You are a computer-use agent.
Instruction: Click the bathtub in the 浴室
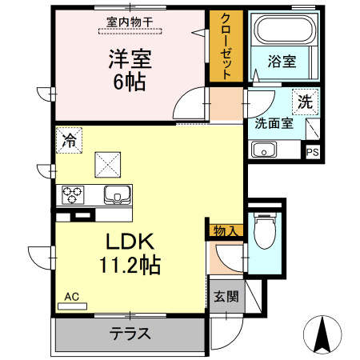[285, 29]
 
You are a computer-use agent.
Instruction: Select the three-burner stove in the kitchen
[73, 194]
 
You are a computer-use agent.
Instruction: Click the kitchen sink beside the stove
[118, 194]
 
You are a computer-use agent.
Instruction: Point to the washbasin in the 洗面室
[264, 150]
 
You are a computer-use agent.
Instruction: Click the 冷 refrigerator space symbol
[69, 140]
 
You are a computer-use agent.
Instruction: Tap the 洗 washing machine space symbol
[305, 102]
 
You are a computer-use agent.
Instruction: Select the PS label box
[313, 152]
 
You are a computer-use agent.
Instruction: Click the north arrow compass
[322, 334]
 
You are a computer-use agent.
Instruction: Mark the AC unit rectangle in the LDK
[73, 306]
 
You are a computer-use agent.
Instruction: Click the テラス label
[130, 334]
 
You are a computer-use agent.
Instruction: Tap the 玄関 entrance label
[226, 296]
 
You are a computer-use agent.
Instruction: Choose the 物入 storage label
[226, 231]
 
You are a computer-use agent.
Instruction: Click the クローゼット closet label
[226, 46]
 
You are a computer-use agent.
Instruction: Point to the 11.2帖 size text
[130, 265]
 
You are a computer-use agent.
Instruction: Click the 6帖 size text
[130, 82]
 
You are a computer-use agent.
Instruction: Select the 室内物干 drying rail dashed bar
[130, 31]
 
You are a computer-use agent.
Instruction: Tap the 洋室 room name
[130, 59]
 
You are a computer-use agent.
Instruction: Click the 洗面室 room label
[274, 123]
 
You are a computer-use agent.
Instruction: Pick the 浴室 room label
[282, 61]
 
